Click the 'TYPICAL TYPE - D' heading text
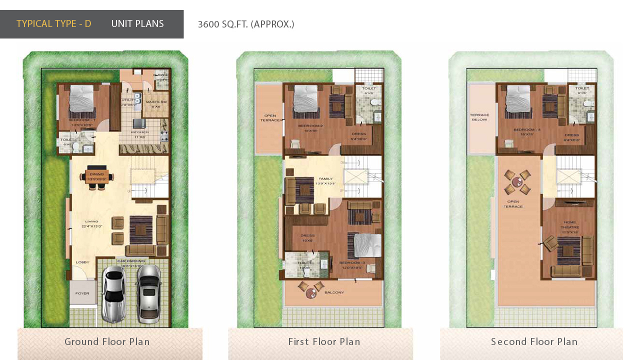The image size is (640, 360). tap(54, 24)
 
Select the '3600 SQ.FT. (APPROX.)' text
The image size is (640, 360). tap(246, 24)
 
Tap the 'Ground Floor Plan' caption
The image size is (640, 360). tap(107, 342)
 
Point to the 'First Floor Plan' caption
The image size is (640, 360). tap(324, 342)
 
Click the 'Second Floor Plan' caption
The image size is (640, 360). tap(534, 342)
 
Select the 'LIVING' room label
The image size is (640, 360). tap(91, 221)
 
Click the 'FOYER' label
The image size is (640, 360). tap(82, 293)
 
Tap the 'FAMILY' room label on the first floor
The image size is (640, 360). tap(325, 178)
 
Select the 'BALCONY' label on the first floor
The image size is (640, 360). tap(334, 292)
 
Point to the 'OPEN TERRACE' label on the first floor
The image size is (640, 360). tap(270, 118)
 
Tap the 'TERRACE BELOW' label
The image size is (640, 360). tap(479, 117)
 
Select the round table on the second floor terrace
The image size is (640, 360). tap(517, 182)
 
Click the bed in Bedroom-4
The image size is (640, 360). tap(518, 100)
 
